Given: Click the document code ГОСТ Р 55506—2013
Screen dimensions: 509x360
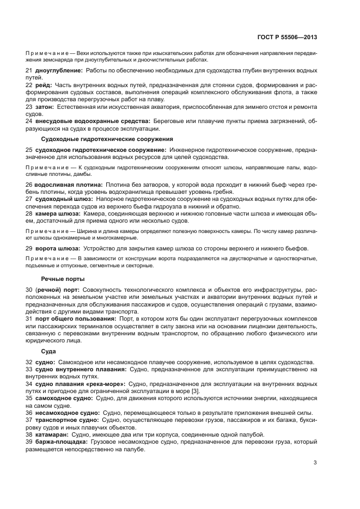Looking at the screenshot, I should click(286, 38).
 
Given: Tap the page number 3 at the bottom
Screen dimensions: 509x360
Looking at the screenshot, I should click(315, 463).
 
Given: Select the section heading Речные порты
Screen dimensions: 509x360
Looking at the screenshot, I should click(59, 279).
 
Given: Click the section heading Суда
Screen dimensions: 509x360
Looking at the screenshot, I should click(48, 352).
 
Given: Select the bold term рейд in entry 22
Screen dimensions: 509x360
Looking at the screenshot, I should click(44, 85).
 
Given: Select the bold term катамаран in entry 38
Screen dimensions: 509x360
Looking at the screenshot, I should click(53, 434).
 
